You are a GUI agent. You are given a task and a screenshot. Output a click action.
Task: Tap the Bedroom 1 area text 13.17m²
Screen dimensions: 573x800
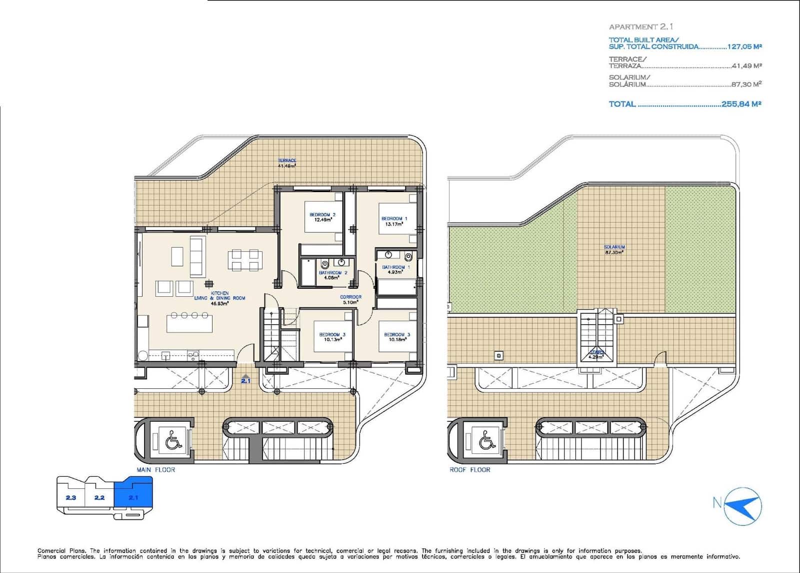[394, 224]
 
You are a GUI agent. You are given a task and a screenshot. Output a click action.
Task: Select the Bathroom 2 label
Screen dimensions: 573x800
[333, 273]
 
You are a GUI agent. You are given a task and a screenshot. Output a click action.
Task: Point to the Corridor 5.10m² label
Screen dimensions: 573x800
[350, 299]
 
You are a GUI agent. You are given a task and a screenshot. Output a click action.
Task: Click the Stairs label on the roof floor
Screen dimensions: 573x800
[596, 352]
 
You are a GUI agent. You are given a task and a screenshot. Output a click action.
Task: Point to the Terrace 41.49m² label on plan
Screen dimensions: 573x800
[287, 163]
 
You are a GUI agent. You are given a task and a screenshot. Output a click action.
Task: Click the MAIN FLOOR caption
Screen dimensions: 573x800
[155, 470]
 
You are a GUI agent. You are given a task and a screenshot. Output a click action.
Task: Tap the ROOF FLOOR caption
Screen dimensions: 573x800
[469, 470]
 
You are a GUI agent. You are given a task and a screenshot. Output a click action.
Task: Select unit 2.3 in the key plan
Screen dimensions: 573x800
[70, 497]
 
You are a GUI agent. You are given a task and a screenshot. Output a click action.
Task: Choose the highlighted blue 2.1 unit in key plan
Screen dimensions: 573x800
[133, 495]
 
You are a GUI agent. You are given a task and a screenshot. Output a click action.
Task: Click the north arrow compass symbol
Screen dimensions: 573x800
[743, 505]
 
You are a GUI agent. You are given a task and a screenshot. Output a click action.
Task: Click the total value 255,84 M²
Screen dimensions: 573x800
[741, 104]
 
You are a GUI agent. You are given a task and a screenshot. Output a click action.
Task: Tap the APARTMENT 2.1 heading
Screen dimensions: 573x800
[640, 27]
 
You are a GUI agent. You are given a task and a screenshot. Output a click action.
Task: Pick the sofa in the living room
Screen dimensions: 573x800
[196, 256]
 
